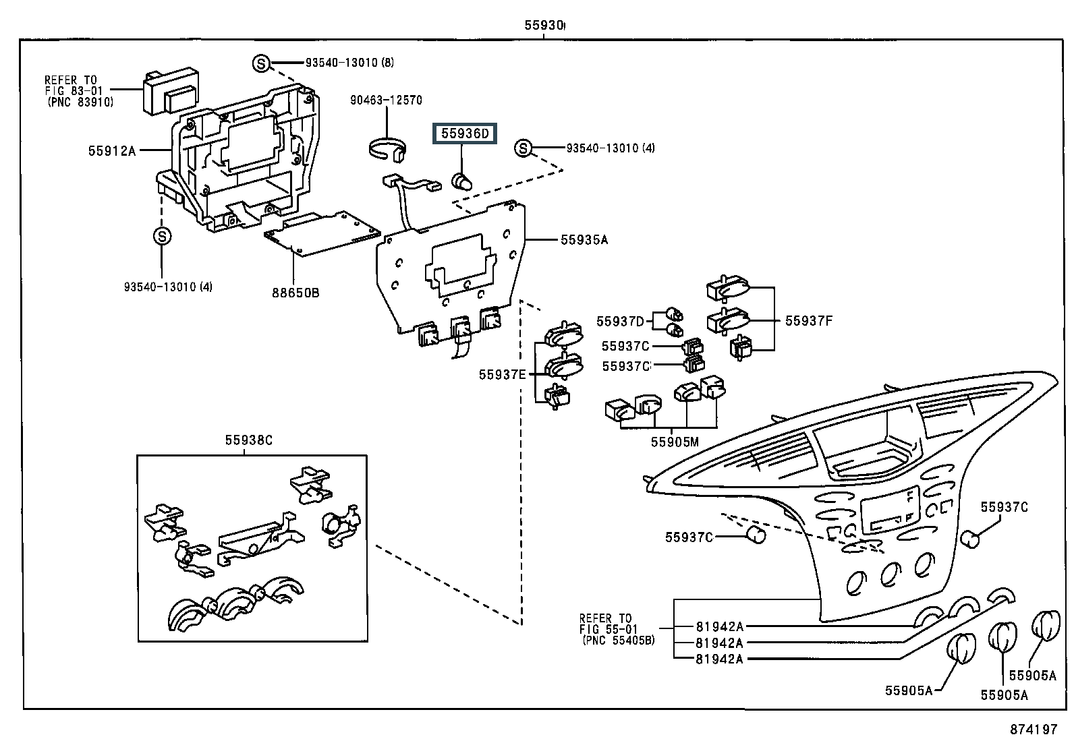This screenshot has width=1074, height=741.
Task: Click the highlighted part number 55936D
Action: pyautogui.click(x=465, y=134)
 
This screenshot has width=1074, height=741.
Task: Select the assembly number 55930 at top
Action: pyautogui.click(x=544, y=26)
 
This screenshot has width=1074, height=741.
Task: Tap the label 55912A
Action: pyautogui.click(x=111, y=151)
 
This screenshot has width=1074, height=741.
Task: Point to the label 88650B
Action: pyautogui.click(x=295, y=293)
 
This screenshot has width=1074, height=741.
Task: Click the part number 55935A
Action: pyautogui.click(x=584, y=239)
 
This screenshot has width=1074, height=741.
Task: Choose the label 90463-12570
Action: pyautogui.click(x=386, y=100)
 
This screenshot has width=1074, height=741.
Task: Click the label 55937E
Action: pyautogui.click(x=502, y=375)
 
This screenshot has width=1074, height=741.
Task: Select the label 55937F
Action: pyautogui.click(x=808, y=321)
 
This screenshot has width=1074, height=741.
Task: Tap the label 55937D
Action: pyautogui.click(x=620, y=322)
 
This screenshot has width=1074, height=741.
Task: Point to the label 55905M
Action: pyautogui.click(x=675, y=442)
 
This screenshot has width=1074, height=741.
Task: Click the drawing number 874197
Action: pyautogui.click(x=1034, y=730)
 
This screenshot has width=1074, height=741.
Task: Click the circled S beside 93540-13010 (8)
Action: pyautogui.click(x=261, y=63)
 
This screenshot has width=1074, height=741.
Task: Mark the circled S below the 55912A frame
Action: pyautogui.click(x=163, y=237)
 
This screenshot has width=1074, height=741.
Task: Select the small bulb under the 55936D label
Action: pyautogui.click(x=461, y=181)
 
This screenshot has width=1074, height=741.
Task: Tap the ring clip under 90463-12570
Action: pyautogui.click(x=389, y=149)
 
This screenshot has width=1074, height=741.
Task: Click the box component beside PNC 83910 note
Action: pyautogui.click(x=168, y=92)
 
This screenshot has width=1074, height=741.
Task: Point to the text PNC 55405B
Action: pyautogui.click(x=618, y=640)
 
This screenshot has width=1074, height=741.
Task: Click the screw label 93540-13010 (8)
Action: pyautogui.click(x=349, y=63)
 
